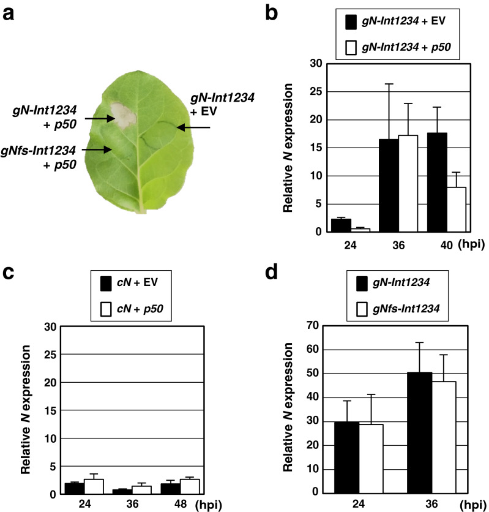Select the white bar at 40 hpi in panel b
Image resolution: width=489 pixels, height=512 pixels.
click(456, 209)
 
